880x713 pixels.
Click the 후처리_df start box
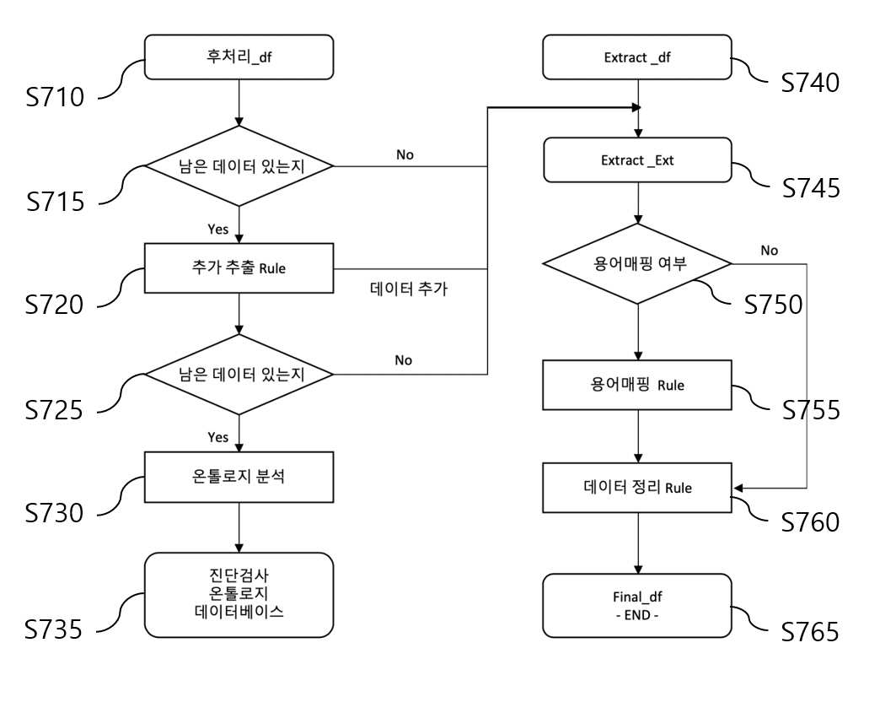pos(239,57)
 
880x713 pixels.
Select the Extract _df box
pos(637,57)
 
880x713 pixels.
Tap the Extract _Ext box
pos(637,160)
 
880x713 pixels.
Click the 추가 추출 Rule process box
pos(239,268)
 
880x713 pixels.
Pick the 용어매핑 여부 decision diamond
pos(637,263)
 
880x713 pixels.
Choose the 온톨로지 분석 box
pos(239,477)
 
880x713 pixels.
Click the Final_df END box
pos(637,606)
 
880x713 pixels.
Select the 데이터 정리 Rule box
pos(637,488)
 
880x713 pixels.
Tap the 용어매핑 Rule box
pos(637,385)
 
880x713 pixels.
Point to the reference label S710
pos(55,97)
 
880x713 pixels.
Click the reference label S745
pos(811,188)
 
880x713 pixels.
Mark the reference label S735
pos(53,629)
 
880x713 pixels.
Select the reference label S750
pos(773,304)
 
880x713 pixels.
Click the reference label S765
pos(810,632)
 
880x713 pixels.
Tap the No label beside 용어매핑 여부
pos(769,251)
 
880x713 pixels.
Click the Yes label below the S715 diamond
pos(217,230)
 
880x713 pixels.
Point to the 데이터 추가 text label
pos(409,289)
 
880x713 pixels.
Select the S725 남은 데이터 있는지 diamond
pos(239,374)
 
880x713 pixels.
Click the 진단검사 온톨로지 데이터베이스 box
pos(239,595)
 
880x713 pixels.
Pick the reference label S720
pos(54,305)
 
